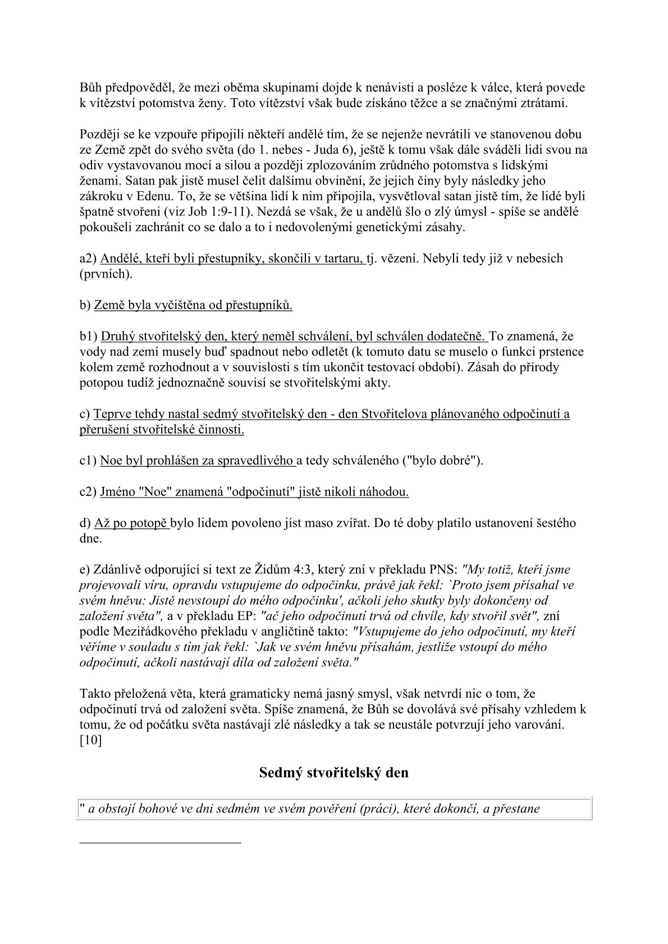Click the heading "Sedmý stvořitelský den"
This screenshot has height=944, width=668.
333,772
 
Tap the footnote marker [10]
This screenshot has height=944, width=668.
90,740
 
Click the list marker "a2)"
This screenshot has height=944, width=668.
88,259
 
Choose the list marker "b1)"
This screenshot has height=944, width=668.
88,337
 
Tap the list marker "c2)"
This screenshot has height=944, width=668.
88,492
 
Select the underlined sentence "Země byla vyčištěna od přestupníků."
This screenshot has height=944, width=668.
193,305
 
